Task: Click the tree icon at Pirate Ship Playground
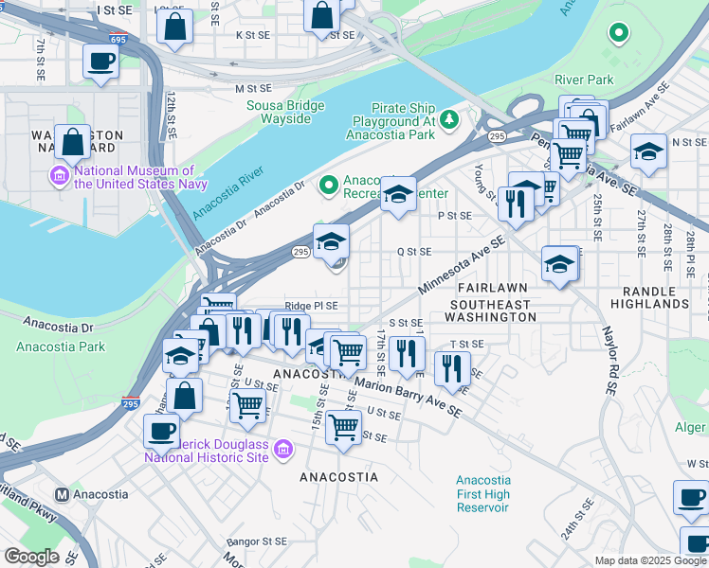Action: [450, 117]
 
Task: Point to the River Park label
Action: [584, 80]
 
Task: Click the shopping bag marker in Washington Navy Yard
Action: [72, 142]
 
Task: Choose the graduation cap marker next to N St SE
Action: [648, 151]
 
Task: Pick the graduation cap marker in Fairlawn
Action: [559, 263]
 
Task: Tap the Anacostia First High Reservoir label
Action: [482, 493]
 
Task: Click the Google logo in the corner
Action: [30, 557]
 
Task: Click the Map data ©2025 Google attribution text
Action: [650, 560]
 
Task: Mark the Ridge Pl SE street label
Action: [311, 306]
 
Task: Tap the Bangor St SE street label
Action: [255, 541]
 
